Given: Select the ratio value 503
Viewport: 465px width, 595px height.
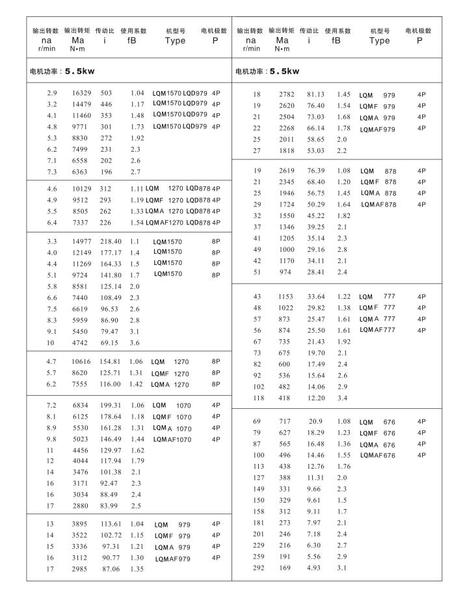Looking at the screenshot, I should [106, 93].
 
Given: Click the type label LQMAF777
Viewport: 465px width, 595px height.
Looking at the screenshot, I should [377, 330].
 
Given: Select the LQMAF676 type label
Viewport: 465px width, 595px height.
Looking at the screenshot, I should [377, 455].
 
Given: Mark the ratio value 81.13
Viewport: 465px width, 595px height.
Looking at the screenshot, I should [315, 94].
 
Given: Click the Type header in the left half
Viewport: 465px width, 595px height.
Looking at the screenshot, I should [175, 40].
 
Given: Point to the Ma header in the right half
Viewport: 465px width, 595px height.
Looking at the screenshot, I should [282, 40].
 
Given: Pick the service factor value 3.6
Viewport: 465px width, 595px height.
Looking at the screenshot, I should [135, 342].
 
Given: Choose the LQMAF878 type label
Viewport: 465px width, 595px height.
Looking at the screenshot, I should [377, 204].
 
